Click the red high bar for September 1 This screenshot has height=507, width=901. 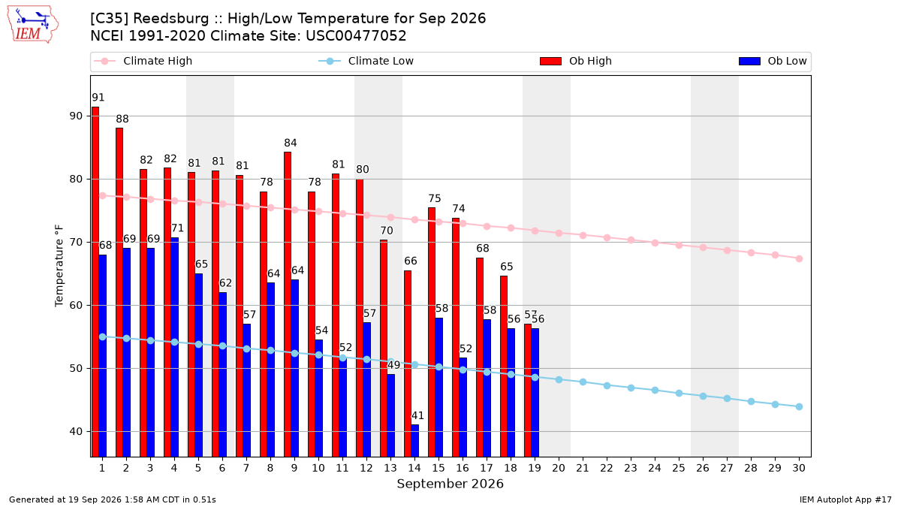(x=95, y=282)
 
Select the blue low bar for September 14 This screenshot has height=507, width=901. (x=415, y=441)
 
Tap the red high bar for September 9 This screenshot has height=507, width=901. (x=288, y=304)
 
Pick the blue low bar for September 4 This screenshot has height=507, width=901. (x=174, y=347)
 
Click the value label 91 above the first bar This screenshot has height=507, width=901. (x=98, y=98)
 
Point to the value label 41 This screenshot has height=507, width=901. (x=417, y=415)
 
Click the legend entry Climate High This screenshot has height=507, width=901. (x=143, y=61)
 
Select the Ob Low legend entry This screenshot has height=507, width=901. (x=773, y=61)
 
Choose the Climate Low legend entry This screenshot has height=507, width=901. (x=366, y=61)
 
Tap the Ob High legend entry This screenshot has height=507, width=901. (x=576, y=61)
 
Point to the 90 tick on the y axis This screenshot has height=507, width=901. (x=76, y=116)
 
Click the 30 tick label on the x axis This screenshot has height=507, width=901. (x=799, y=468)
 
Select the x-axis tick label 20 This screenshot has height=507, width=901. (x=559, y=468)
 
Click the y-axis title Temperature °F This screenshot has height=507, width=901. (x=59, y=266)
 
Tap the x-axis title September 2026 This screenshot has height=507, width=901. (x=450, y=484)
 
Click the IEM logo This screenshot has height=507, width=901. (x=32, y=25)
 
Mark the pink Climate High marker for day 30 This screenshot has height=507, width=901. (x=799, y=258)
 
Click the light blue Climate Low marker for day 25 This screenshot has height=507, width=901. (x=679, y=393)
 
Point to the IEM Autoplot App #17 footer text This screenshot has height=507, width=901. (x=845, y=499)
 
